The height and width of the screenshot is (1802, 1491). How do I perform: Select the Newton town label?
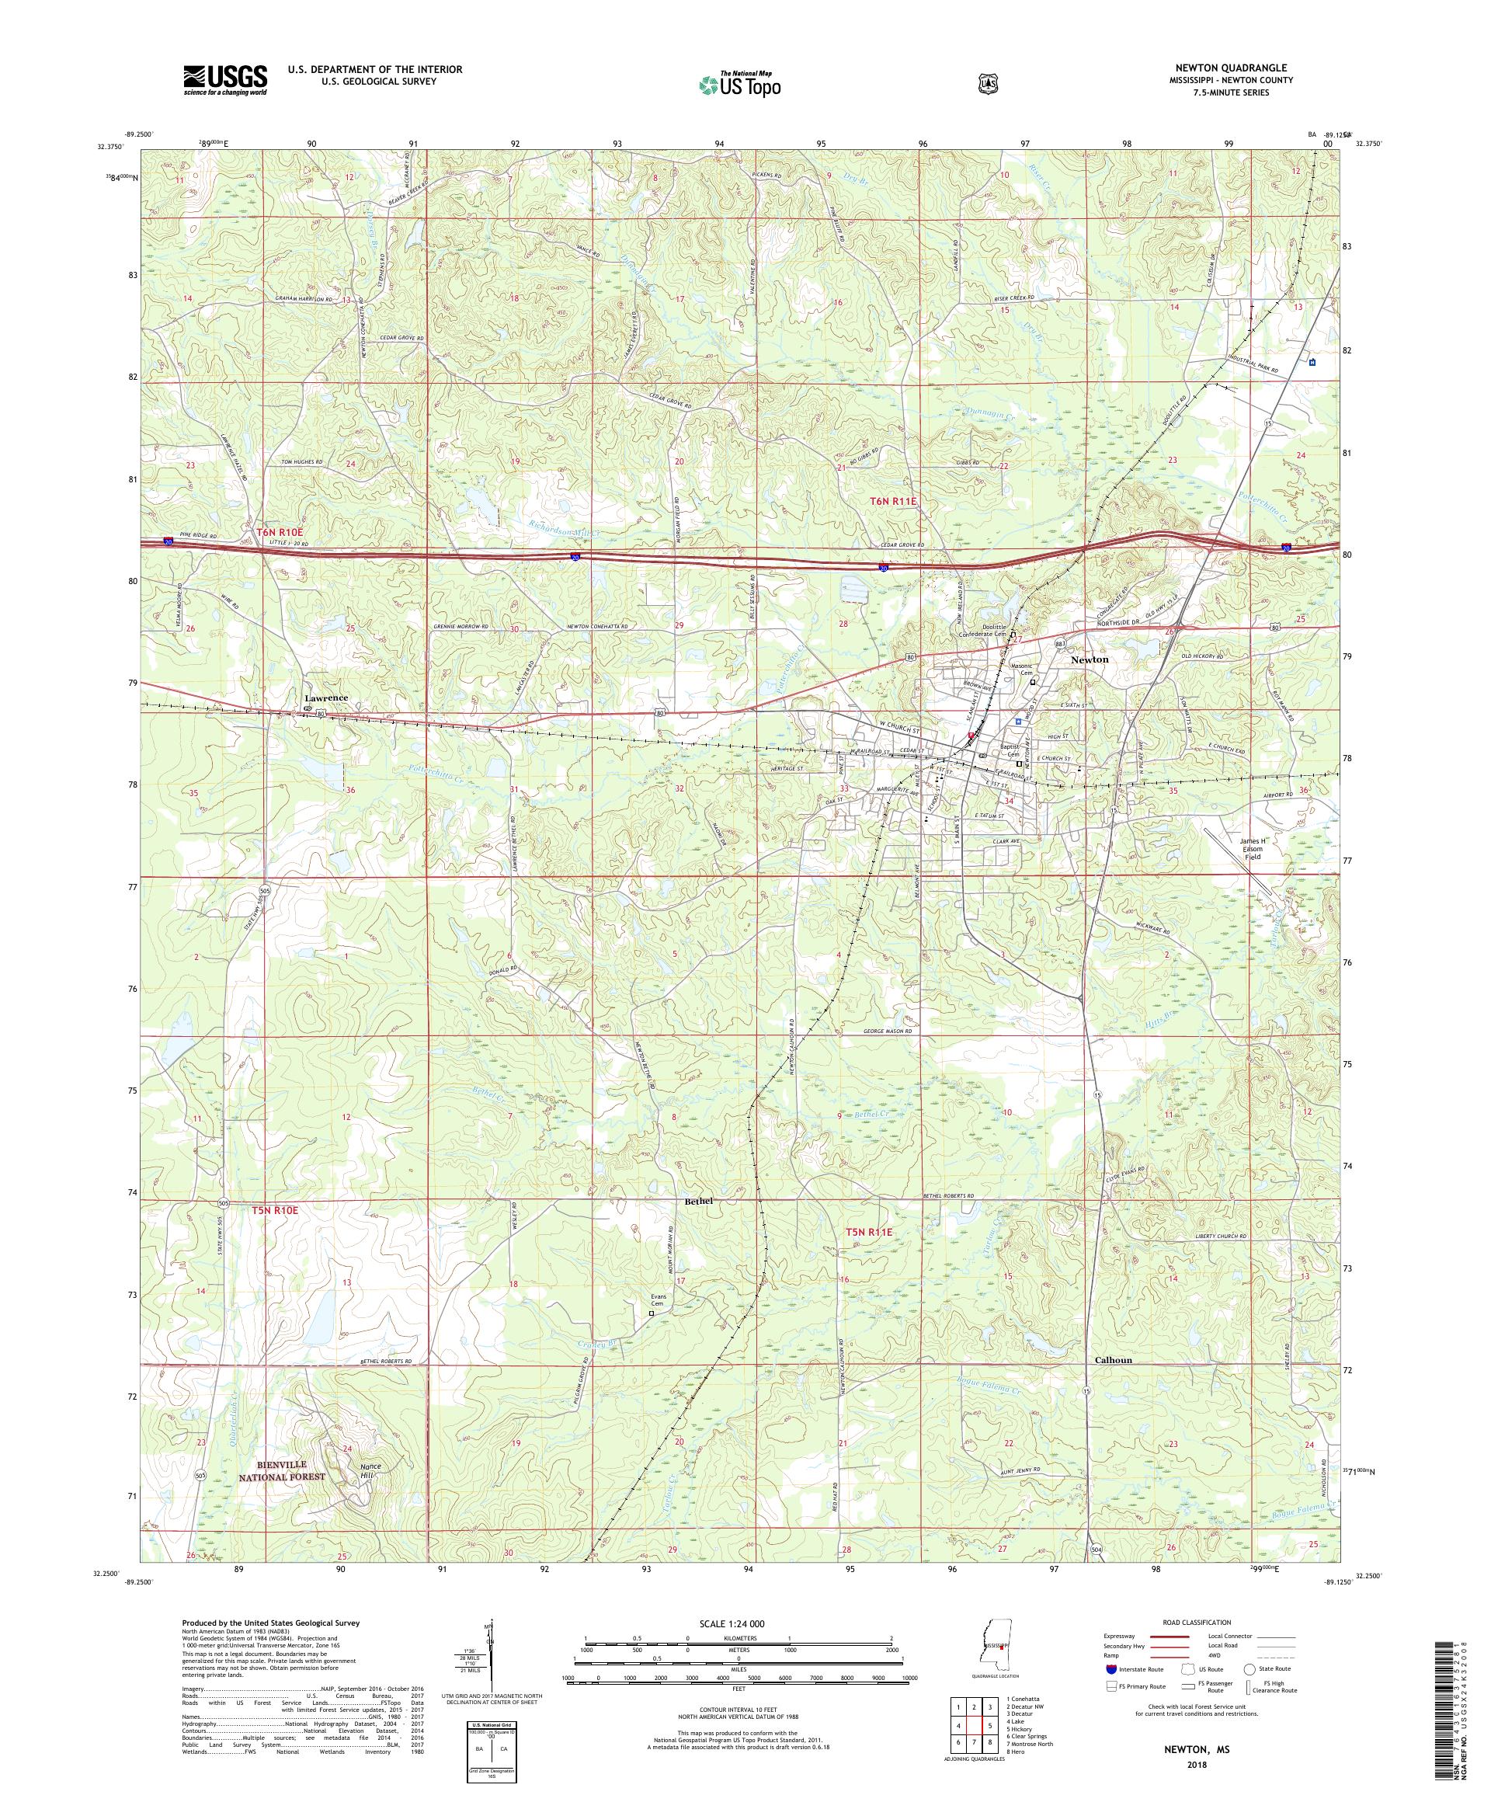pos(1090,659)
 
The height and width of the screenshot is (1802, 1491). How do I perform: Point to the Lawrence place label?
pos(326,697)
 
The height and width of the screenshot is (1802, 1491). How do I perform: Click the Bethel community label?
pos(698,1202)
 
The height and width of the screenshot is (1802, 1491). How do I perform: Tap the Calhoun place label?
pos(1114,1384)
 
